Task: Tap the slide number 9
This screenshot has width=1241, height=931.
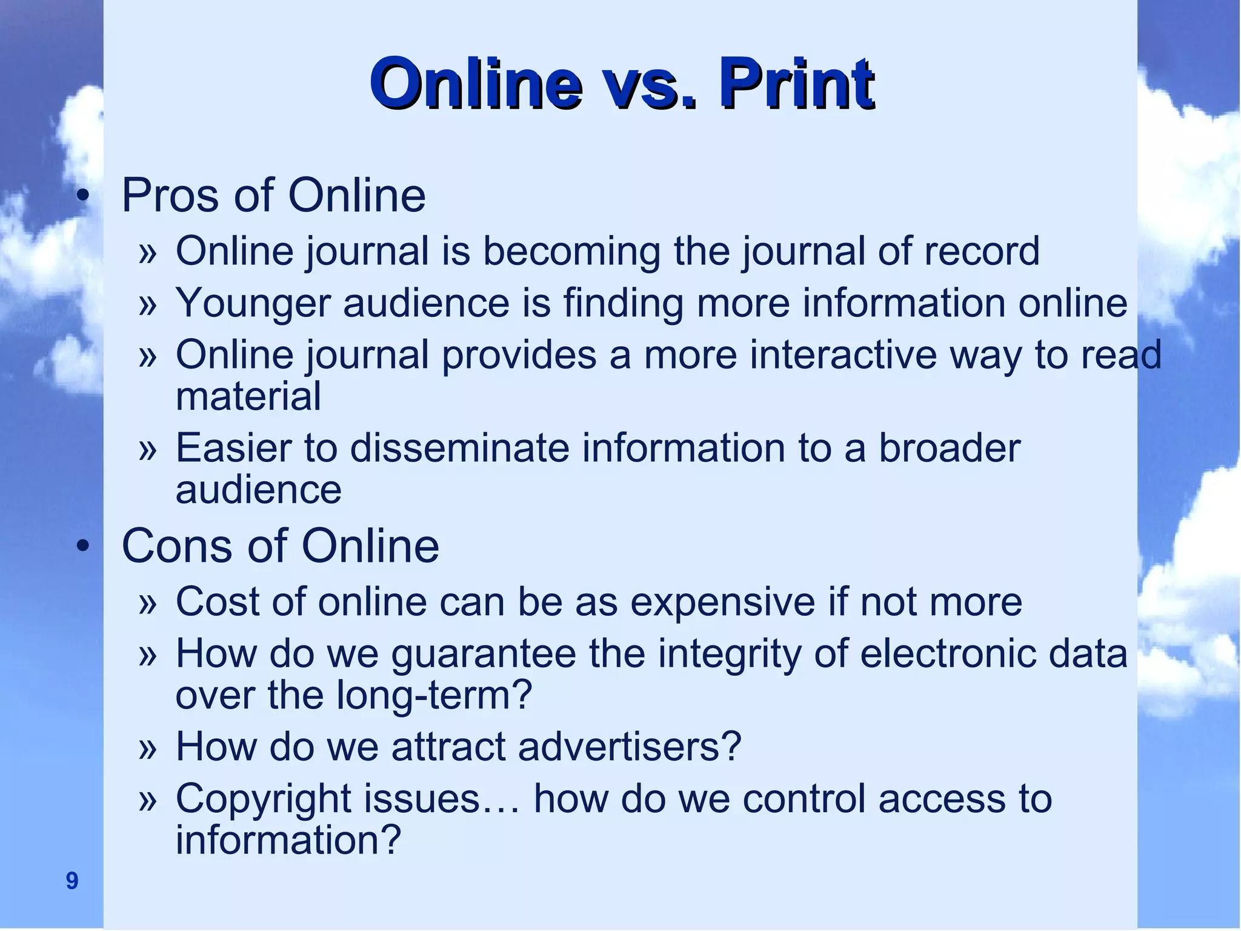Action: (x=72, y=880)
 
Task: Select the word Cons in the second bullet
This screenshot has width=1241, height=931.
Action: (x=176, y=546)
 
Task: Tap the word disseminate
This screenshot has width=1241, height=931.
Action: (x=460, y=448)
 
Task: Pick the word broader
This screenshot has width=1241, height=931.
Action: (x=950, y=448)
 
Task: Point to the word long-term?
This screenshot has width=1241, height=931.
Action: (x=434, y=695)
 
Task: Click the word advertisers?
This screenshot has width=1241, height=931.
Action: (x=630, y=746)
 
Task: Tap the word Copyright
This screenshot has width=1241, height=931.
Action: (x=263, y=799)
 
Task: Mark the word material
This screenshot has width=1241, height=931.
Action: (x=248, y=396)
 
